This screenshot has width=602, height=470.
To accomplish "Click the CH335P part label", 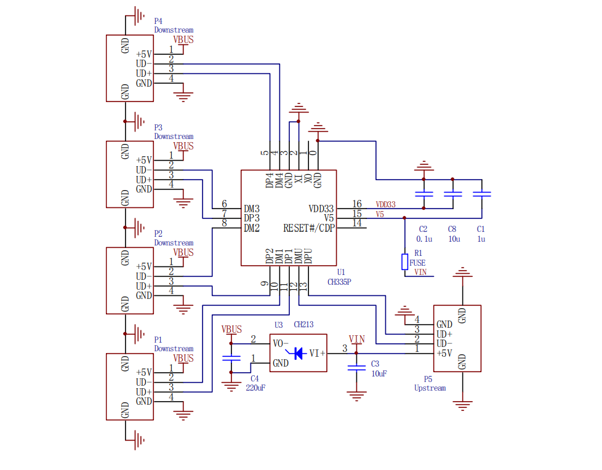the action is [x=339, y=282].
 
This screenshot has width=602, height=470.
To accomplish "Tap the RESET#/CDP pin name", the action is [x=309, y=228].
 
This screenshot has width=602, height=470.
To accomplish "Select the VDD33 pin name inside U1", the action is [x=321, y=209].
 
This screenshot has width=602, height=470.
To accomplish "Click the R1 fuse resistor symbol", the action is [x=404, y=261].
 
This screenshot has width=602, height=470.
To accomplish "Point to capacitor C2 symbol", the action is [x=424, y=194].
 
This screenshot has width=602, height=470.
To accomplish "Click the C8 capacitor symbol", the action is [x=453, y=194].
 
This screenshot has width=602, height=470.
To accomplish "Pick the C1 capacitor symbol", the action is [x=482, y=194].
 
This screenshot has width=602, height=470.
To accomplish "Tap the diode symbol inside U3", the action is [x=297, y=353].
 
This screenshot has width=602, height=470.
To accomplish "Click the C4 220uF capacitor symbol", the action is [x=231, y=359].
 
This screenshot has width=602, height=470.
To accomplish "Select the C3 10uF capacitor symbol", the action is [x=356, y=368].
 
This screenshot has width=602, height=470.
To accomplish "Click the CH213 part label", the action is [x=303, y=325].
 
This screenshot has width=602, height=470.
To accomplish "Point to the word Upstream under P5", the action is [x=430, y=388].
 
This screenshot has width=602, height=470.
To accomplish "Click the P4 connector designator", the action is [x=158, y=21].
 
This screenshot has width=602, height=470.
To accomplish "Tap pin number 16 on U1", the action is [x=357, y=204].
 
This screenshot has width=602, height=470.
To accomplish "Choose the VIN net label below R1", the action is [x=420, y=272].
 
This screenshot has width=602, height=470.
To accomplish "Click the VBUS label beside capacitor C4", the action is [x=231, y=330].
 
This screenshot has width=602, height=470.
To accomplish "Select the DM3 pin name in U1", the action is [x=252, y=209].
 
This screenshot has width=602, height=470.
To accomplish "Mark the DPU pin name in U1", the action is [x=308, y=256].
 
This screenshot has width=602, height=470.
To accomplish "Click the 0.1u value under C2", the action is [x=424, y=239].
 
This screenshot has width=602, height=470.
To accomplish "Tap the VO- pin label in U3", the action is [x=281, y=343].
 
